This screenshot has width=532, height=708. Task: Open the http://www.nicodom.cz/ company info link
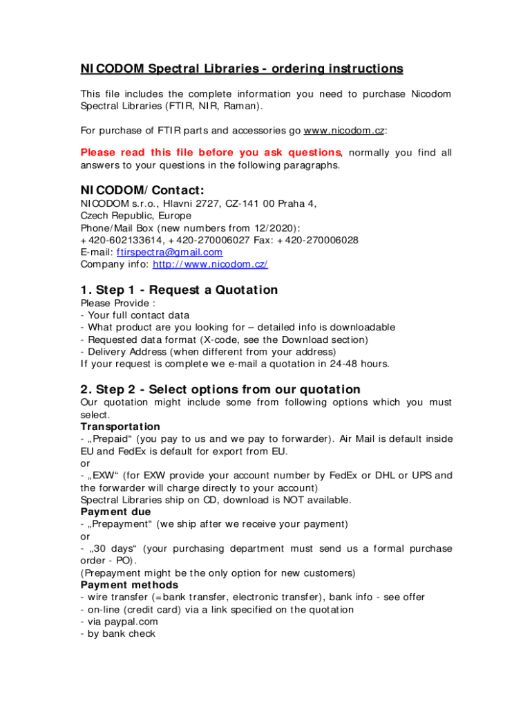click(x=210, y=265)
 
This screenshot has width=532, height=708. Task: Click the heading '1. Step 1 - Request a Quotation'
click(x=179, y=290)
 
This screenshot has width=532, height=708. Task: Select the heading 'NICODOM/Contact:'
click(x=142, y=189)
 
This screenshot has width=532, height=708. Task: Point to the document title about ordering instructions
click(x=241, y=69)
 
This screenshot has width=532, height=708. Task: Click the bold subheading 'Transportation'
click(x=120, y=427)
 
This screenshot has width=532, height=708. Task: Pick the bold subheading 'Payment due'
click(x=116, y=512)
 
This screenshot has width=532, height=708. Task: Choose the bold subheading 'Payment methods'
click(x=129, y=585)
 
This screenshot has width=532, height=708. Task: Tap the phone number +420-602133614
click(x=120, y=240)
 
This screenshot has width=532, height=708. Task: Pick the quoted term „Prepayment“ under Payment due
click(x=120, y=524)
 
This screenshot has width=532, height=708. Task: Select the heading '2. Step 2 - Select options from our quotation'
click(x=220, y=389)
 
